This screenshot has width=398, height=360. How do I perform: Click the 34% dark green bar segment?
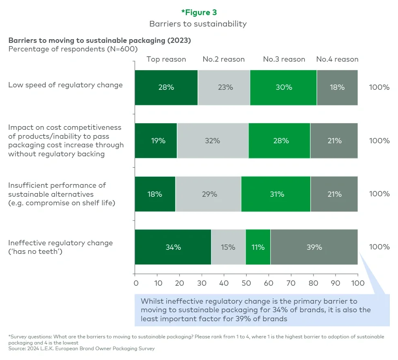[173, 247]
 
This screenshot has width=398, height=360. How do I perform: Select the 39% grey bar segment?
[314, 247]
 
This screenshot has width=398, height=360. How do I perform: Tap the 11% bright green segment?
[258, 247]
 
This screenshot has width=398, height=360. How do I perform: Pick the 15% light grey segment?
[228, 247]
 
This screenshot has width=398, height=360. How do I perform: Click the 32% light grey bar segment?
[212, 140]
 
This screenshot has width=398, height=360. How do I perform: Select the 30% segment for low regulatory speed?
[283, 87]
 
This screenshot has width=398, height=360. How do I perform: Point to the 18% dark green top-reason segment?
[155, 194]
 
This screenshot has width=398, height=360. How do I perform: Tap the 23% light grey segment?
[224, 87]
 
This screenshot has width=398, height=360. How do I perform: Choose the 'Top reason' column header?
[166, 59]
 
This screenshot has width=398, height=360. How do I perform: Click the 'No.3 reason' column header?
[284, 59]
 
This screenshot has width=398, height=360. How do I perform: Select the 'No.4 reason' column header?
[337, 59]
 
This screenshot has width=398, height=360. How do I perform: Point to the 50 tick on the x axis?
[246, 282]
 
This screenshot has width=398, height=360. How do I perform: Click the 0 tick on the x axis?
[136, 282]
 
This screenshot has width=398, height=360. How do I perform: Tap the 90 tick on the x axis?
[335, 282]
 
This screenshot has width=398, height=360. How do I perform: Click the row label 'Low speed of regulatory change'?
[65, 85]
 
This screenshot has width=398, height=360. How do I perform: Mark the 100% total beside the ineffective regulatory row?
[379, 247]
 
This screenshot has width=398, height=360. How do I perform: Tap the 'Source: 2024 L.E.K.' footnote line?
[81, 349]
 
